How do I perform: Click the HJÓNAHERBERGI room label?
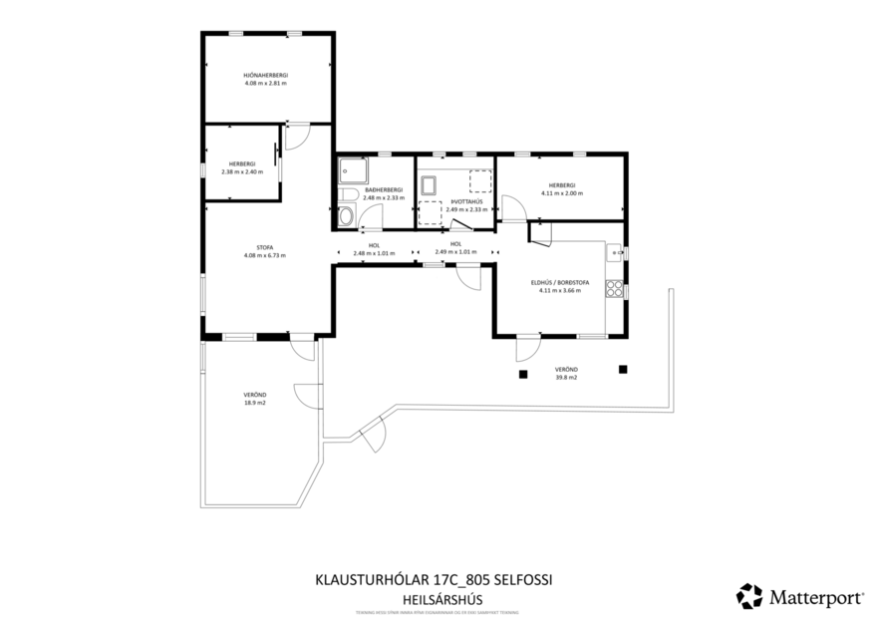point(265,76)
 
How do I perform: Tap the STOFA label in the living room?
point(265,247)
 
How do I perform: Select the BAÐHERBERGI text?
point(384,190)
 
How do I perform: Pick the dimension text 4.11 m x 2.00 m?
point(562,192)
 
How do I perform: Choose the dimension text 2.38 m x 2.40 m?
point(242,170)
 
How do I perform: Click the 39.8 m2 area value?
point(566,378)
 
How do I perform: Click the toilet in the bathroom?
point(346,215)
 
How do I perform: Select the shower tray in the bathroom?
point(351,170)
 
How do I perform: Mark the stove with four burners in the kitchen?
point(615,291)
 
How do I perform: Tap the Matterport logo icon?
point(748,596)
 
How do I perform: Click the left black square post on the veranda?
point(521,375)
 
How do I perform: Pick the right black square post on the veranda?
point(623,369)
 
